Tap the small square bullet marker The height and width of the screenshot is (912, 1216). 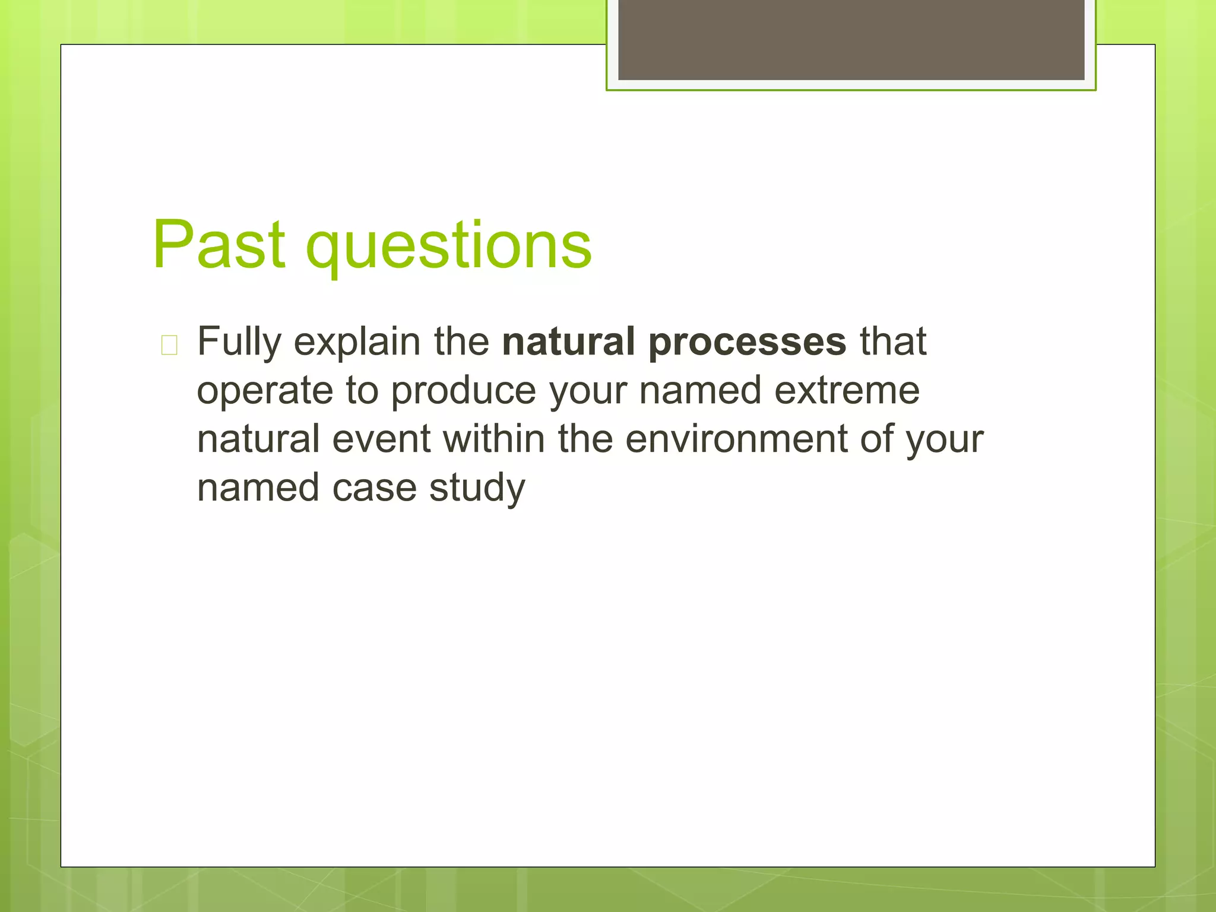(x=169, y=345)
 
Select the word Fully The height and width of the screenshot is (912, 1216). (x=239, y=343)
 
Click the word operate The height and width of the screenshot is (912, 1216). (x=265, y=392)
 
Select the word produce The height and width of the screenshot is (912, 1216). (x=463, y=392)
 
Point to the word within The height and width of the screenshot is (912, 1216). (x=494, y=439)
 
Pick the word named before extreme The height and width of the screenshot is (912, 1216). (x=700, y=391)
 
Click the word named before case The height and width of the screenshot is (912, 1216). (x=258, y=488)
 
